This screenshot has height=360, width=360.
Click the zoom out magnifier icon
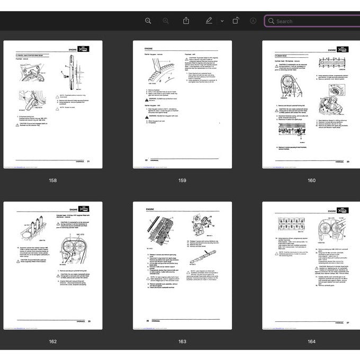tap(148, 21)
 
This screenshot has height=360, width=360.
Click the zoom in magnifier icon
tap(166, 21)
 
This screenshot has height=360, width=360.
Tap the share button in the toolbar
tap(186, 21)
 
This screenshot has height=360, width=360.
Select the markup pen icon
tap(209, 21)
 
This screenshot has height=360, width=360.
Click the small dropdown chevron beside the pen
tap(222, 21)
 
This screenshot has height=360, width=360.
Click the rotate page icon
tap(236, 21)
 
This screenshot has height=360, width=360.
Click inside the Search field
tap(312, 21)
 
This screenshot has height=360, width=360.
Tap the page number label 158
tap(53, 181)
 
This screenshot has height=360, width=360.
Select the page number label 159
tap(182, 181)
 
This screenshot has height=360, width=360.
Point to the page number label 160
tap(311, 181)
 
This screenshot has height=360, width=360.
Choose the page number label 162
tap(53, 341)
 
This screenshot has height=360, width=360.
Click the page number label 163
tap(182, 341)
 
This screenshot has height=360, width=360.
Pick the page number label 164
tap(311, 341)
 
